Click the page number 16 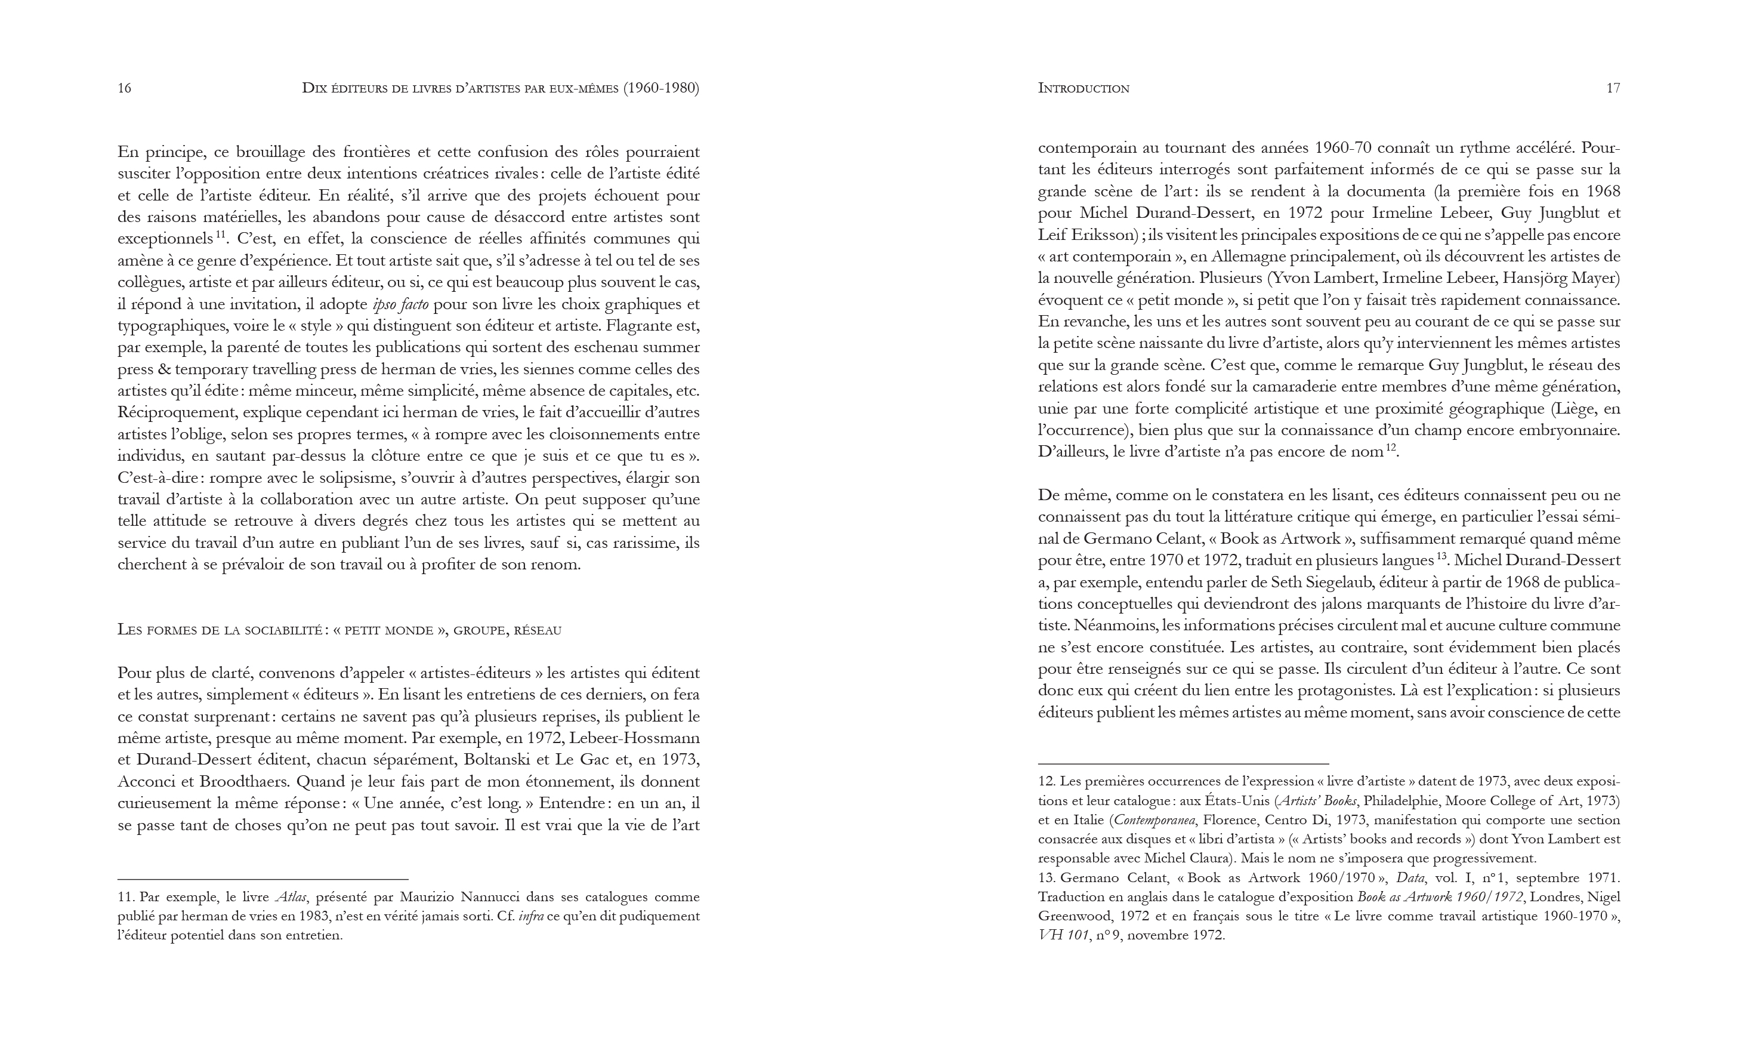click(124, 88)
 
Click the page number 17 click(1613, 88)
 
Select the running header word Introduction click(1083, 88)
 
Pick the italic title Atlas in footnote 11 click(291, 897)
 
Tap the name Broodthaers click(244, 782)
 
